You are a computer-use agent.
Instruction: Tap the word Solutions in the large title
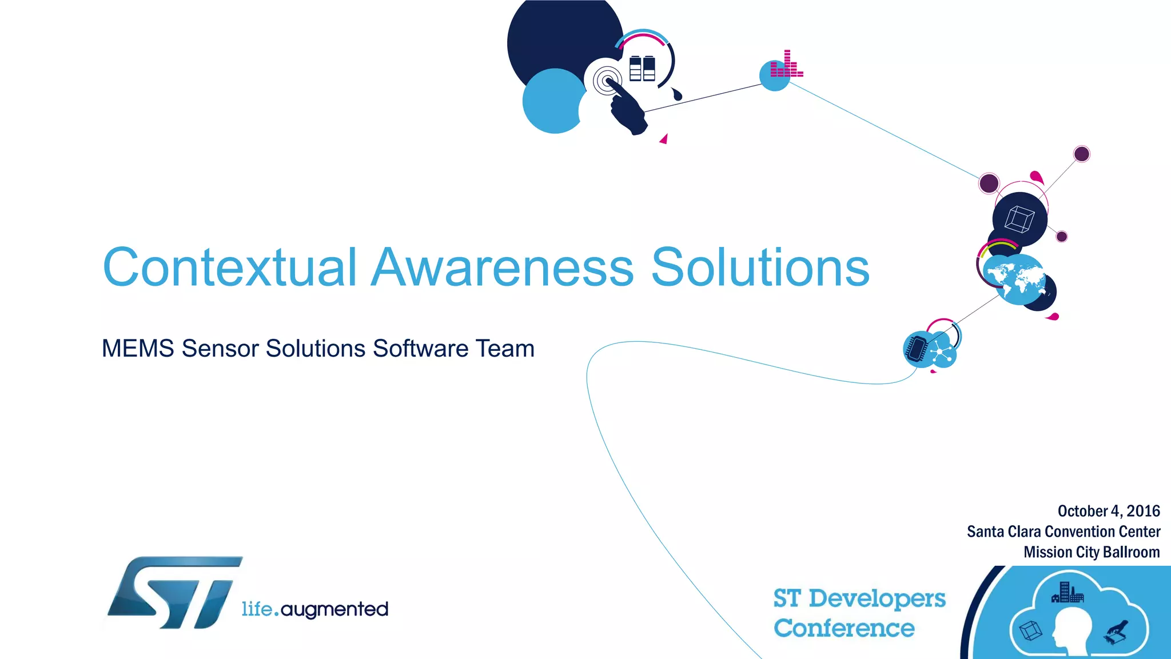point(760,267)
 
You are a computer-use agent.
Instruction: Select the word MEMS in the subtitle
point(137,349)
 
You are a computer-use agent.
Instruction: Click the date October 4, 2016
point(1108,511)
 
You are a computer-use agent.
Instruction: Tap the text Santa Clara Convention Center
point(1063,532)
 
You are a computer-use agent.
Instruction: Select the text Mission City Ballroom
point(1091,552)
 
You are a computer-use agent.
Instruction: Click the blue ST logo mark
point(175,593)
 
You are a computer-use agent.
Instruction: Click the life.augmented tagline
point(314,609)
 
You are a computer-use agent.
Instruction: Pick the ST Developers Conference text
point(859,613)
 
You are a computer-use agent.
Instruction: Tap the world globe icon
point(1014,279)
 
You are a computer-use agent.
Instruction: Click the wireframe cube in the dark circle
point(1019,219)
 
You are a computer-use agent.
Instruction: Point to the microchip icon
point(917,348)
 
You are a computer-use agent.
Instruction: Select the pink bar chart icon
point(786,65)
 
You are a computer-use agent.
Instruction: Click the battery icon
point(642,69)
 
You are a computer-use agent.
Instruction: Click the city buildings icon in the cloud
point(1067,593)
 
